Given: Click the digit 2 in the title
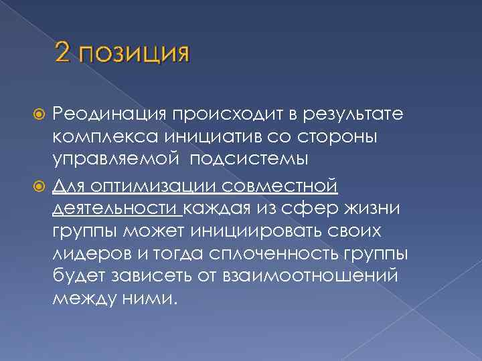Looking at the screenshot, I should [x=64, y=51].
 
